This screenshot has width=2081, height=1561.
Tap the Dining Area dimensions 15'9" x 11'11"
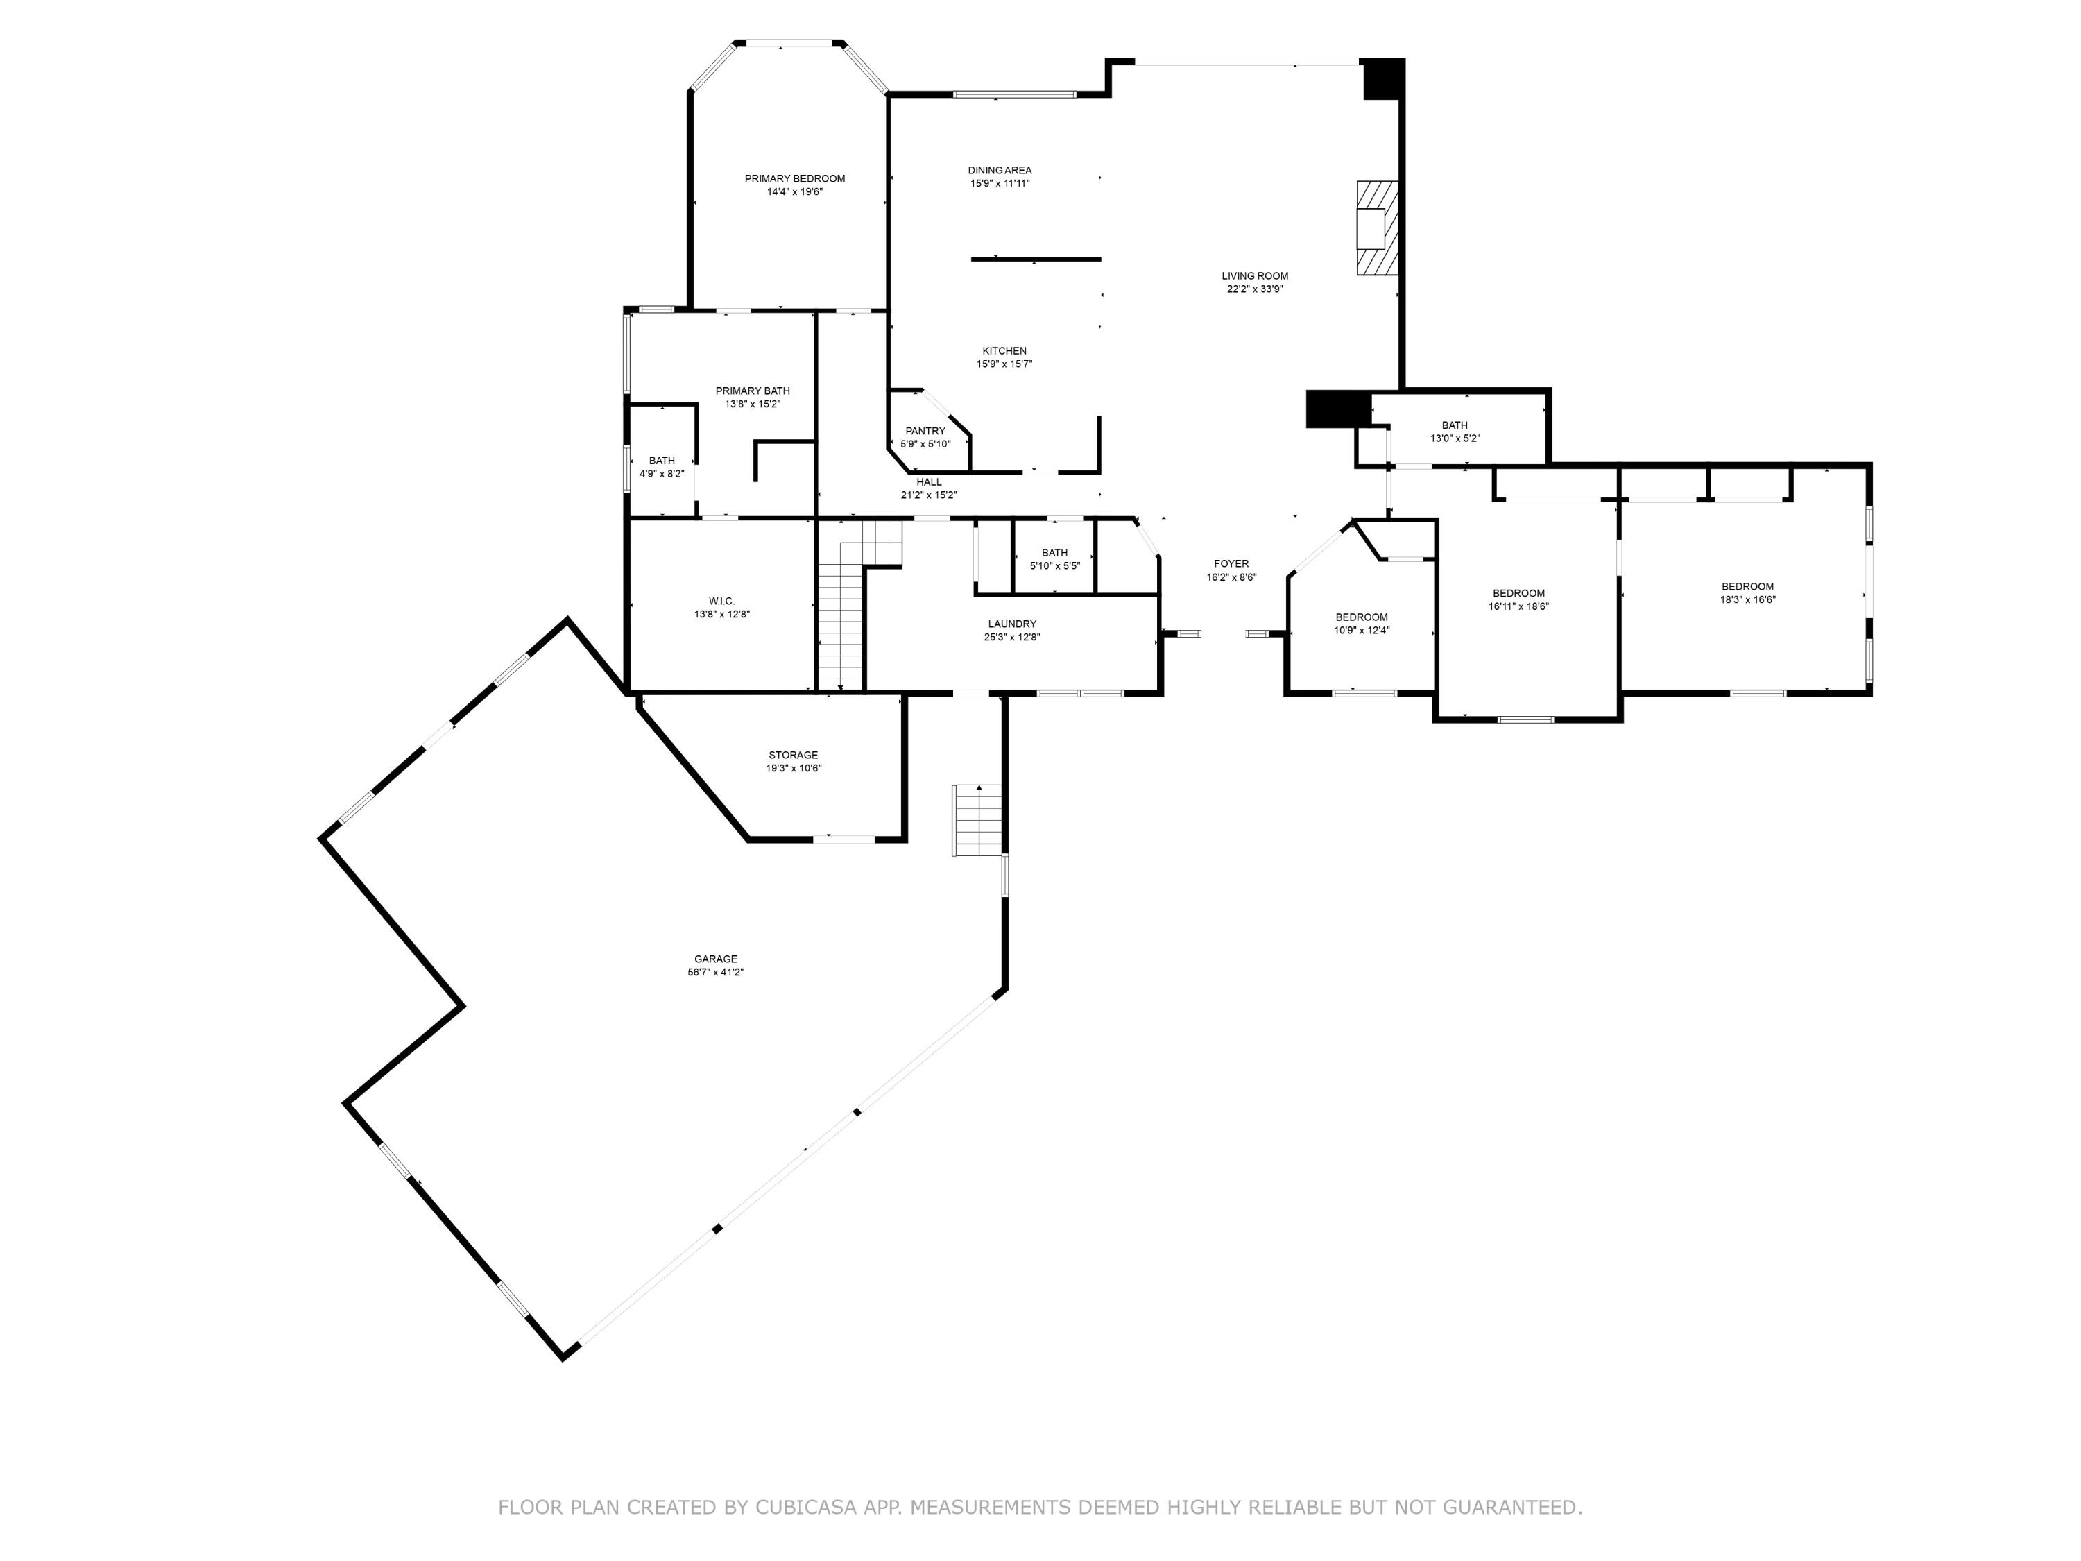(x=1000, y=183)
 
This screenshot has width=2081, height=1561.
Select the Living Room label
(x=1255, y=275)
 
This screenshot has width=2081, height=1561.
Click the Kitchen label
(x=1004, y=351)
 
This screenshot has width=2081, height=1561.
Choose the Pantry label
(x=926, y=431)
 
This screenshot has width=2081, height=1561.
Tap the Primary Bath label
(x=753, y=391)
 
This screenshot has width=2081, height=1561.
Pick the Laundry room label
(x=1012, y=624)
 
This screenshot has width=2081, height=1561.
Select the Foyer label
(x=1231, y=563)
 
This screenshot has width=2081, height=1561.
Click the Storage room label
(x=793, y=755)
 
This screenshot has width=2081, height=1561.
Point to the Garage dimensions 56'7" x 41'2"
(x=716, y=972)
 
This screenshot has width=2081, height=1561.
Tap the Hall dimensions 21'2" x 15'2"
(x=929, y=495)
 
